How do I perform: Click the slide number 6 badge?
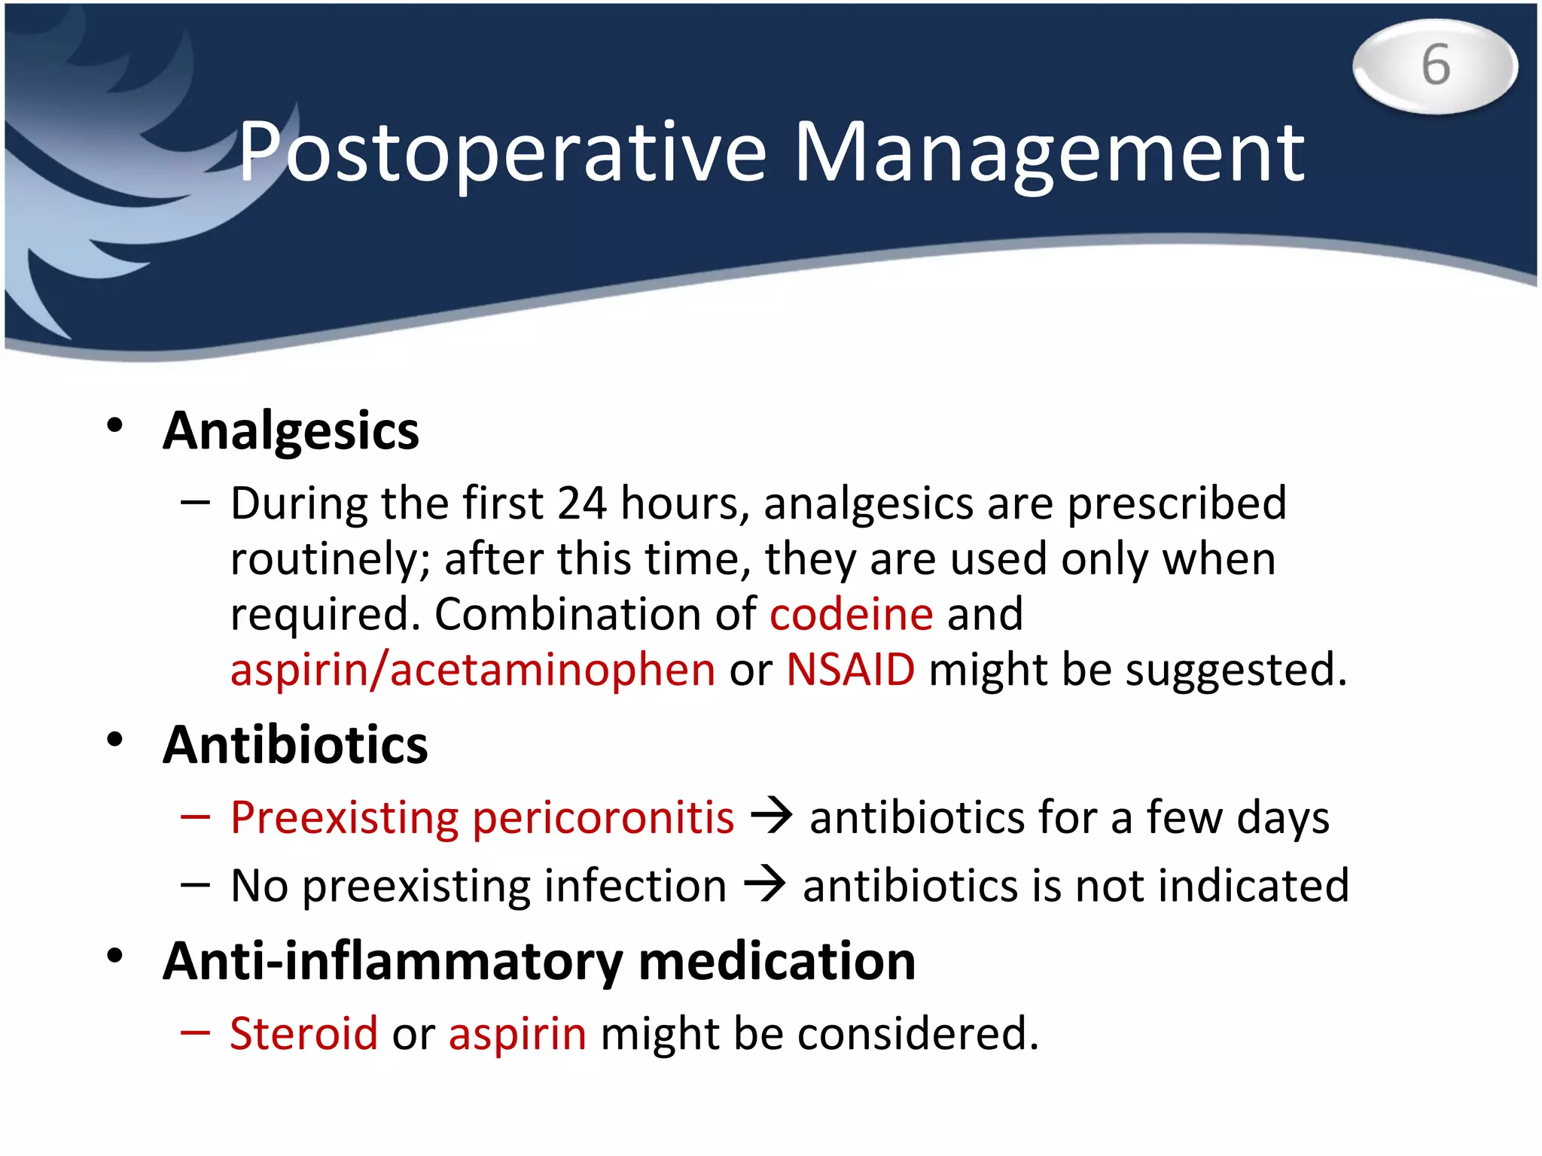(1435, 66)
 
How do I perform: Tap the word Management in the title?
(1049, 154)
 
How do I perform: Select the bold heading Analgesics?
(291, 431)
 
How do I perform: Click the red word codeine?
(851, 613)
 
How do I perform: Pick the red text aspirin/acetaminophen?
(472, 669)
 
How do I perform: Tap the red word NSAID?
(850, 669)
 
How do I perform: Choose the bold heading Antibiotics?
(295, 745)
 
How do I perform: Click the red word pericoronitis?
(602, 817)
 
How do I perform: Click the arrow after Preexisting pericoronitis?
(772, 816)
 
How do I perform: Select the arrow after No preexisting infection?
(765, 884)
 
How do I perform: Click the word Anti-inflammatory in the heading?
(392, 962)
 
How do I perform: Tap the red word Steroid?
(303, 1033)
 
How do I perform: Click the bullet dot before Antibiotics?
(114, 741)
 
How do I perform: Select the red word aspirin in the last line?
(517, 1033)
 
